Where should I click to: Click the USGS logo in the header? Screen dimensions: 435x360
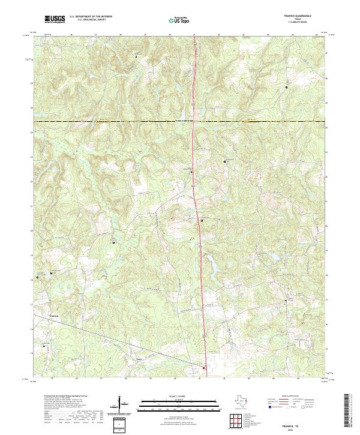pyautogui.click(x=55, y=19)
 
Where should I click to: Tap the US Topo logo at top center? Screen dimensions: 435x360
pyautogui.click(x=179, y=20)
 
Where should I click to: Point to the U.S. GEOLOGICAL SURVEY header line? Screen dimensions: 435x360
pyautogui.click(x=89, y=20)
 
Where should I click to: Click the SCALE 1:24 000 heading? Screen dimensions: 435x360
pyautogui.click(x=179, y=397)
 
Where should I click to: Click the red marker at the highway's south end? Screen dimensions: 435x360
pyautogui.click(x=204, y=368)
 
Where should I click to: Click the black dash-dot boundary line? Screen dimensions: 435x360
pyautogui.click(x=120, y=122)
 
